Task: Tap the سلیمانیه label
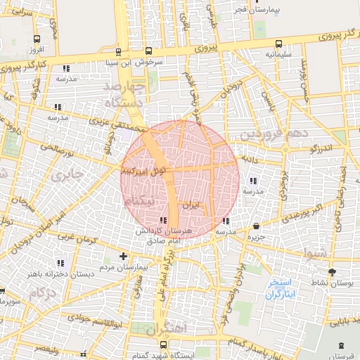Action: coord(264,53)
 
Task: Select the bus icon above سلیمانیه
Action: coord(279,42)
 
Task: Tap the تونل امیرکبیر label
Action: coord(143,169)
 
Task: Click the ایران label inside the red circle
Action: coord(191,205)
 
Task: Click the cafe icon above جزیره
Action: coord(256,226)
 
